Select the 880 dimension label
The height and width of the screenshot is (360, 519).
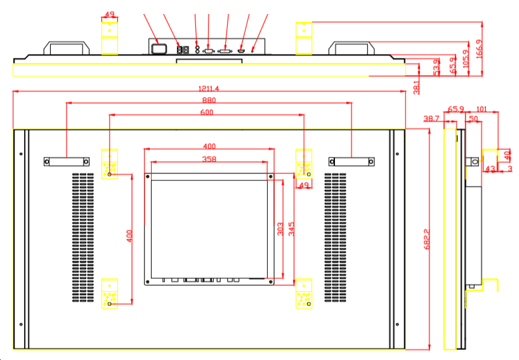(x=209, y=100)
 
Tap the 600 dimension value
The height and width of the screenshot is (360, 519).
(x=206, y=112)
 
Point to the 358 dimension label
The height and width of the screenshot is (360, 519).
(x=209, y=159)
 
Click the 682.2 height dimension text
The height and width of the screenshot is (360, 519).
(x=426, y=239)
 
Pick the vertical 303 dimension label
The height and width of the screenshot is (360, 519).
(x=280, y=229)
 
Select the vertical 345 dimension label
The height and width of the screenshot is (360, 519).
(x=292, y=229)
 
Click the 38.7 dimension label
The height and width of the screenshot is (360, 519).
(x=431, y=119)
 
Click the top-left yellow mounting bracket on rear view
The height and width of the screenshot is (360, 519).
(x=110, y=164)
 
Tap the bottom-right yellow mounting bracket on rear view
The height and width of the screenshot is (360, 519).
(x=304, y=293)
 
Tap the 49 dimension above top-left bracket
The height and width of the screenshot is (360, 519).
(x=110, y=14)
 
